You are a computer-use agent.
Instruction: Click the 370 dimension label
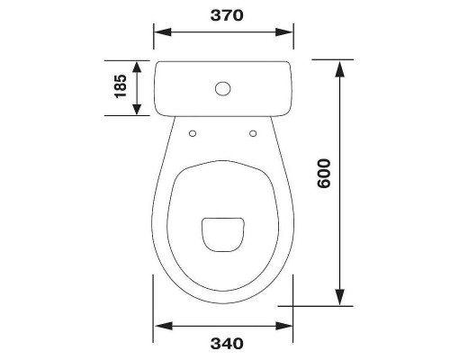point(227,15)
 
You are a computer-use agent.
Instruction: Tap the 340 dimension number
point(227,344)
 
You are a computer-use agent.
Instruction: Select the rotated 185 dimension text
point(121,86)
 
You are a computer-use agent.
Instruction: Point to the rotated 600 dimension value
point(324,174)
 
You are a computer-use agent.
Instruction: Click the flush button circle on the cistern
point(223,88)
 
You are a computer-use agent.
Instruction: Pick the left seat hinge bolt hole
point(193,133)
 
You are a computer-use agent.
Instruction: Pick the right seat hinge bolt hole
point(253,133)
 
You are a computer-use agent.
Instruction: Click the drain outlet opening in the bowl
point(222,234)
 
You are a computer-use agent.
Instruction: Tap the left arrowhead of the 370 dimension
point(162,32)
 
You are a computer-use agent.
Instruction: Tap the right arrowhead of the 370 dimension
point(284,32)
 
